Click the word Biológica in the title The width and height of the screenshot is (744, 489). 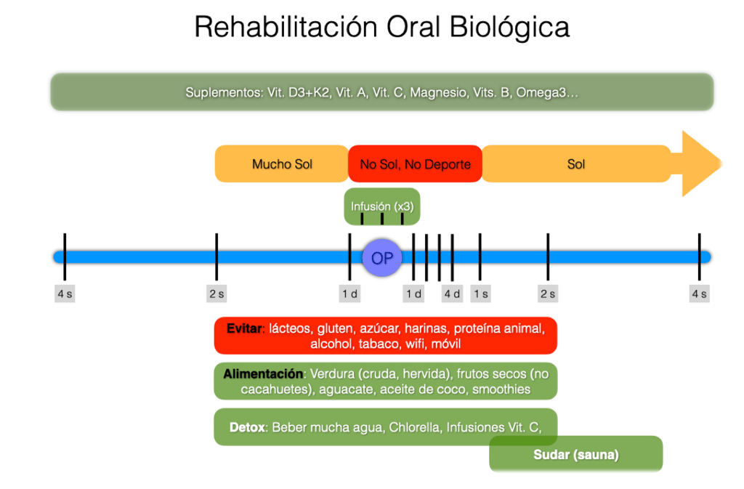click(x=509, y=28)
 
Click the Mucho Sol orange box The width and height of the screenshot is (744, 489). click(x=282, y=164)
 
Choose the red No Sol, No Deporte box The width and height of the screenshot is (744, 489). click(x=415, y=164)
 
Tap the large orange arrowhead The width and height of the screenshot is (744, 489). click(x=702, y=163)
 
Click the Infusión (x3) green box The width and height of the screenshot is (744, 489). click(x=382, y=207)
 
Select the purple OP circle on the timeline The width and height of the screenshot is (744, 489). click(x=382, y=257)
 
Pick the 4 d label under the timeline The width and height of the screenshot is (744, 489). click(x=452, y=294)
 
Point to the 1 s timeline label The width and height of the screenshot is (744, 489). click(x=481, y=294)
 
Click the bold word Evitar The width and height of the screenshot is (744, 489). click(x=244, y=328)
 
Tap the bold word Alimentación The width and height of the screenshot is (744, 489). click(x=263, y=373)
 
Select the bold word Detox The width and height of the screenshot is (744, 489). click(x=247, y=427)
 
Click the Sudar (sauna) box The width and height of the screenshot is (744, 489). click(x=576, y=454)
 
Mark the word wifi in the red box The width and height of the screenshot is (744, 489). click(x=415, y=344)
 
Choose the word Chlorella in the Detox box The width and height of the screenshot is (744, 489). click(x=414, y=427)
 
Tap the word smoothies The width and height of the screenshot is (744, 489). click(x=501, y=389)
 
